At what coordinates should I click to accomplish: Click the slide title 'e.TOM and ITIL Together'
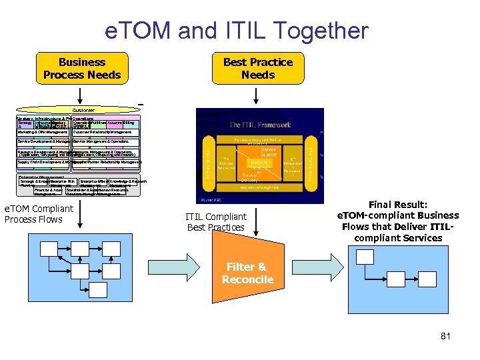(237, 31)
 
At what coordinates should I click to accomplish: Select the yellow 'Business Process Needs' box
(81, 68)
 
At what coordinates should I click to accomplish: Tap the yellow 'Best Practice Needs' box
(258, 68)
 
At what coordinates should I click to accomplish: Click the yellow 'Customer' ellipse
(83, 110)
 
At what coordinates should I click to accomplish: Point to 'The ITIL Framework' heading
(259, 125)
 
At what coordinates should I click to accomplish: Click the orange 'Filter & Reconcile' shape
(247, 271)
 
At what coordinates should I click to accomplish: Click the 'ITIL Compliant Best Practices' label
(216, 222)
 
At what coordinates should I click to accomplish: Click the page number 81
(445, 336)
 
